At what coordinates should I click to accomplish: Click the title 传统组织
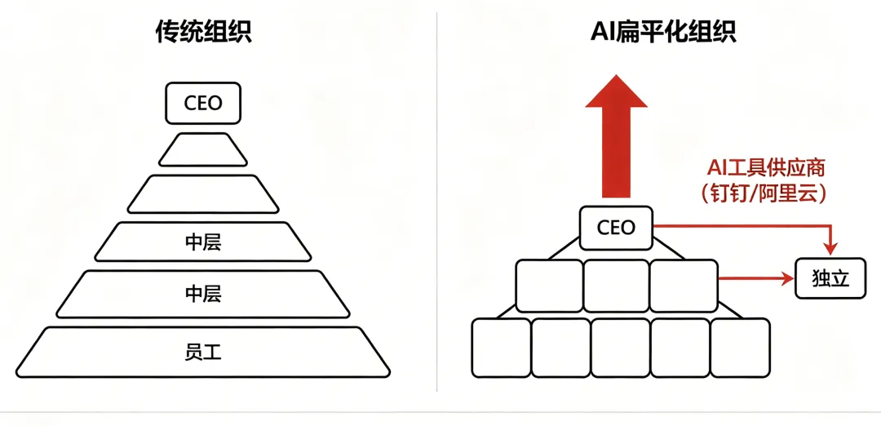(x=203, y=32)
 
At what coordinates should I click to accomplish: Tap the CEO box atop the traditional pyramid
(x=203, y=104)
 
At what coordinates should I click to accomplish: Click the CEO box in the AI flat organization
(x=616, y=228)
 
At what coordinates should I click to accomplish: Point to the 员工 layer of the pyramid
(x=203, y=353)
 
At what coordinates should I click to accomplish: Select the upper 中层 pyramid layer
(x=203, y=242)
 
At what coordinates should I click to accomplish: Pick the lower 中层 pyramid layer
(x=203, y=294)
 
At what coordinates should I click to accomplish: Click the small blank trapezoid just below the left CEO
(x=203, y=150)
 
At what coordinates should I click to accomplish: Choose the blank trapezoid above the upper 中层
(x=203, y=194)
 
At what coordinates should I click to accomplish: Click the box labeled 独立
(x=830, y=278)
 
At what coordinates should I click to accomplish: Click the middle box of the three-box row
(x=616, y=286)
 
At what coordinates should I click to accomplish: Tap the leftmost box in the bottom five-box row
(x=501, y=348)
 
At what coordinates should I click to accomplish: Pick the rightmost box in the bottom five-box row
(x=740, y=348)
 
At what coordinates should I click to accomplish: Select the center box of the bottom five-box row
(x=620, y=348)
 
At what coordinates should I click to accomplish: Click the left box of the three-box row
(x=549, y=286)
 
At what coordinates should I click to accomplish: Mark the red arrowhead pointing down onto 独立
(x=830, y=246)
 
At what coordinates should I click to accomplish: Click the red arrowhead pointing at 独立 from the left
(x=787, y=279)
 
